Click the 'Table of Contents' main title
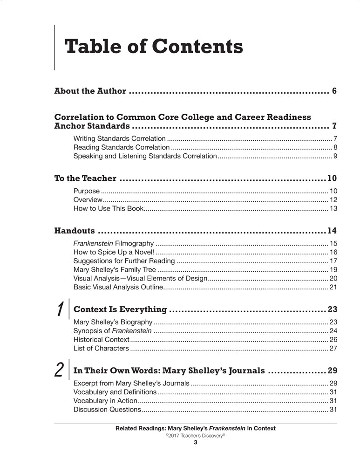(x=153, y=47)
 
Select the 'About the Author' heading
(x=90, y=91)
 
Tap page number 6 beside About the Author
(x=334, y=91)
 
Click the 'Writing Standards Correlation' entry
(x=119, y=138)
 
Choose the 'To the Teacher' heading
(x=85, y=178)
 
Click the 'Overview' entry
(x=88, y=199)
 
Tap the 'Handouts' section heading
(x=75, y=231)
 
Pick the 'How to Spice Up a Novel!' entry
(x=110, y=252)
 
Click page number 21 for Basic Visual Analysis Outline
(x=333, y=287)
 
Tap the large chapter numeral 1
(x=60, y=309)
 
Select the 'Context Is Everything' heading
(x=120, y=309)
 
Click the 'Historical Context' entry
(x=101, y=339)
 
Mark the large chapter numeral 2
(x=60, y=370)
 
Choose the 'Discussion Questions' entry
(x=107, y=410)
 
